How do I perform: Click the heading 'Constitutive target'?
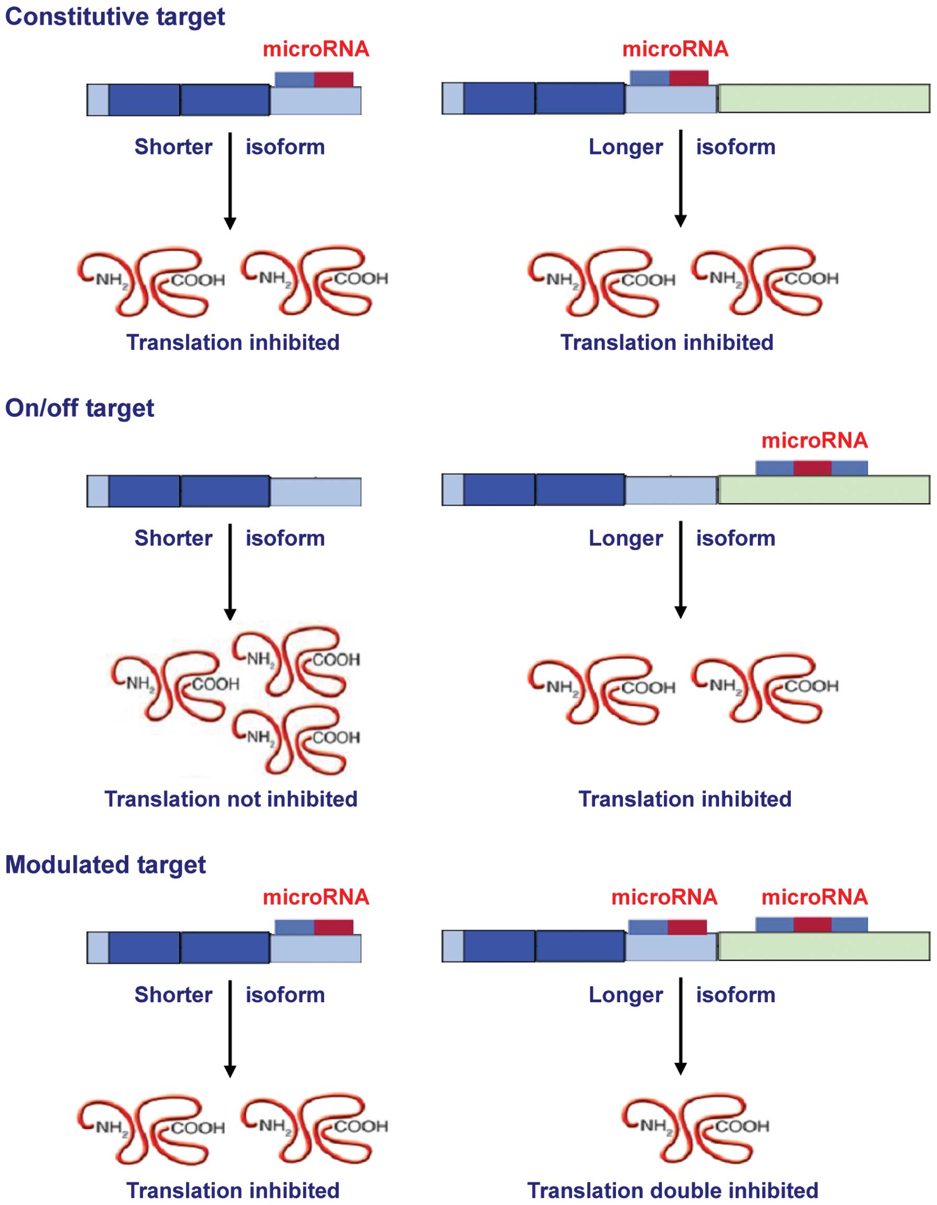point(115,17)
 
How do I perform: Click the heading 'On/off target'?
point(79,408)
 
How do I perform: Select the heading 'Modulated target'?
point(105,864)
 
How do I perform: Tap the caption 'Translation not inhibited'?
point(231,799)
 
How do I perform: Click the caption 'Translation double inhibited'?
point(673,1191)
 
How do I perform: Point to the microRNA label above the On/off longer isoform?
point(814,441)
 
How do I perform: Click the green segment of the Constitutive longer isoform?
point(824,98)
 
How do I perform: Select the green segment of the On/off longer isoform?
point(824,490)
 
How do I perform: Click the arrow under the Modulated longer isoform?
point(681,1028)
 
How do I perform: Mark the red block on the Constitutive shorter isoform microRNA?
point(334,79)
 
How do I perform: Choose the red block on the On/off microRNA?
point(812,468)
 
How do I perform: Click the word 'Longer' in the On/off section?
point(625,538)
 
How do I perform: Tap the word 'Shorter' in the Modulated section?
point(173,995)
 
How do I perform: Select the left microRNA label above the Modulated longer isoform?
point(664,897)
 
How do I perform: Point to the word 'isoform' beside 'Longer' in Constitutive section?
point(735,147)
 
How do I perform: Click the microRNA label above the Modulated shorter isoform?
point(315,897)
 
